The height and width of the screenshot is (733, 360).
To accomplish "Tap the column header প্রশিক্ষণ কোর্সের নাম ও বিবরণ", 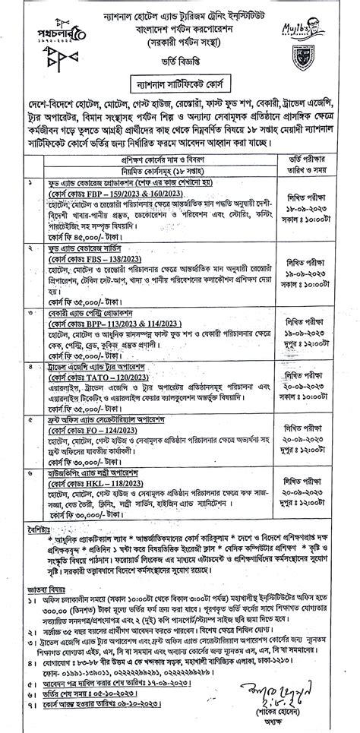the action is pyautogui.click(x=153, y=161).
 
